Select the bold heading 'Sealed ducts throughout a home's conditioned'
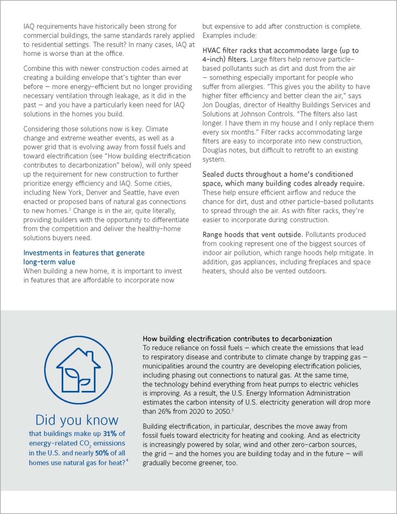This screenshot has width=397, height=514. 278,174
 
